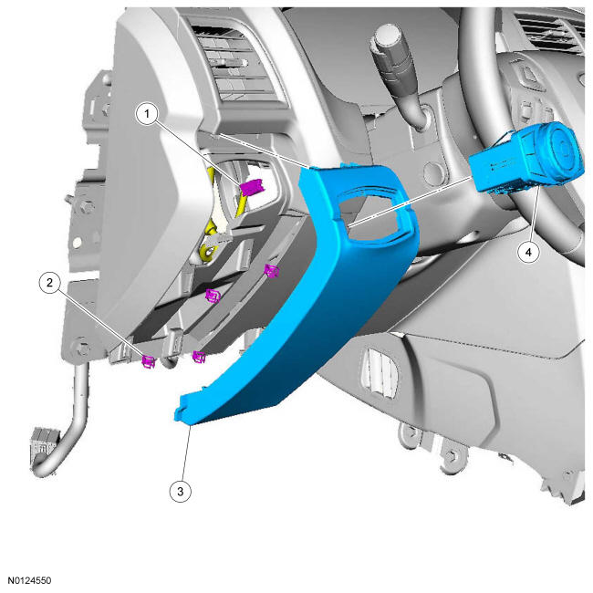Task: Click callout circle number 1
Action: coord(147,113)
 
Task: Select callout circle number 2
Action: coord(49,283)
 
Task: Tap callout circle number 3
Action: coord(180,491)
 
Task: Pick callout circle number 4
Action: coord(528,252)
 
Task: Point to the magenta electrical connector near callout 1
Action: coord(252,187)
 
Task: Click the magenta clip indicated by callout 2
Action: coord(148,361)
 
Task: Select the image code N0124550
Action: coord(30,580)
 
